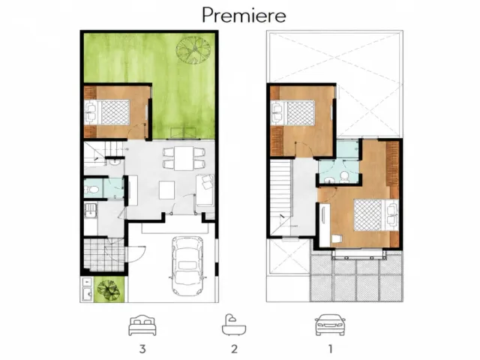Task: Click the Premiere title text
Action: (x=244, y=15)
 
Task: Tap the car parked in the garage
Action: (x=187, y=265)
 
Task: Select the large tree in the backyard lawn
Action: (x=193, y=50)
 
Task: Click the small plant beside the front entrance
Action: (x=108, y=289)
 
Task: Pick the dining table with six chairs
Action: (x=184, y=158)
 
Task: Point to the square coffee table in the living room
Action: (x=166, y=190)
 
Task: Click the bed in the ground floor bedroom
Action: (x=107, y=112)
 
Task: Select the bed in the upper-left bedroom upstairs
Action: (x=292, y=112)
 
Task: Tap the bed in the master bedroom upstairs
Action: (x=376, y=215)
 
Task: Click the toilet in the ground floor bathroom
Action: (x=91, y=190)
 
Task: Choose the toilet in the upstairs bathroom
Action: (x=345, y=177)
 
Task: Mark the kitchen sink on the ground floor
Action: (x=91, y=211)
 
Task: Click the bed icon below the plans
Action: (x=142, y=325)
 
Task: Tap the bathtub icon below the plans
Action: (x=234, y=325)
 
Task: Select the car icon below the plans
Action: (x=330, y=325)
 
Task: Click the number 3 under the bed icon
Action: (x=142, y=349)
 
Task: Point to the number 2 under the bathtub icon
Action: (x=234, y=349)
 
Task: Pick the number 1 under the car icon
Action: (x=330, y=349)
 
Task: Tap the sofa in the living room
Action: (x=205, y=190)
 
